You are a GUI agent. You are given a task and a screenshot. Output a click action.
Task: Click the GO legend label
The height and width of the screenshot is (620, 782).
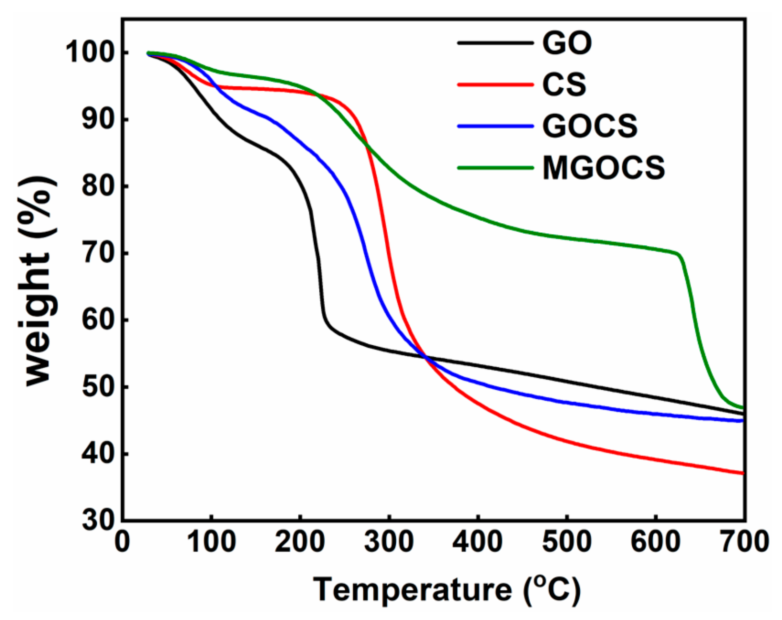[x=567, y=43]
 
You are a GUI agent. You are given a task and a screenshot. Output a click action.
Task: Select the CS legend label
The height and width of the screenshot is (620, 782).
[x=564, y=84]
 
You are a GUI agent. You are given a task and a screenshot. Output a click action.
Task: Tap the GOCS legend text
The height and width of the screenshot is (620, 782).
[x=590, y=126]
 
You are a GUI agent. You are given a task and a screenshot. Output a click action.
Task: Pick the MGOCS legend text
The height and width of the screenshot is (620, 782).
[x=604, y=168]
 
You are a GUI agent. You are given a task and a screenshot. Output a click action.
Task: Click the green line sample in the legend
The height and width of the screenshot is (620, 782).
[x=495, y=167]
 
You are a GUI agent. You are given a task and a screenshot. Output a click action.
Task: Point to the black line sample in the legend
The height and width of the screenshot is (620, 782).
[x=495, y=43]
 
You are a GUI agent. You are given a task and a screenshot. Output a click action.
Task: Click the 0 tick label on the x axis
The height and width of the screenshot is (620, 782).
[x=123, y=542]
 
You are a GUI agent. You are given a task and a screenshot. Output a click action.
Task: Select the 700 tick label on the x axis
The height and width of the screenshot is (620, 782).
[x=744, y=542]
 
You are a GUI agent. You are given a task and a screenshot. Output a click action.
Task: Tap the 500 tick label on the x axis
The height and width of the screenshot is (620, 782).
[x=567, y=542]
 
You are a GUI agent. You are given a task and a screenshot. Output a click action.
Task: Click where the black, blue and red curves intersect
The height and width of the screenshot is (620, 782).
[x=425, y=357]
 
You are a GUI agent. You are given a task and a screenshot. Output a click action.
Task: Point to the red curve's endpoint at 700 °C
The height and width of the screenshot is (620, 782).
[x=743, y=473]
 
